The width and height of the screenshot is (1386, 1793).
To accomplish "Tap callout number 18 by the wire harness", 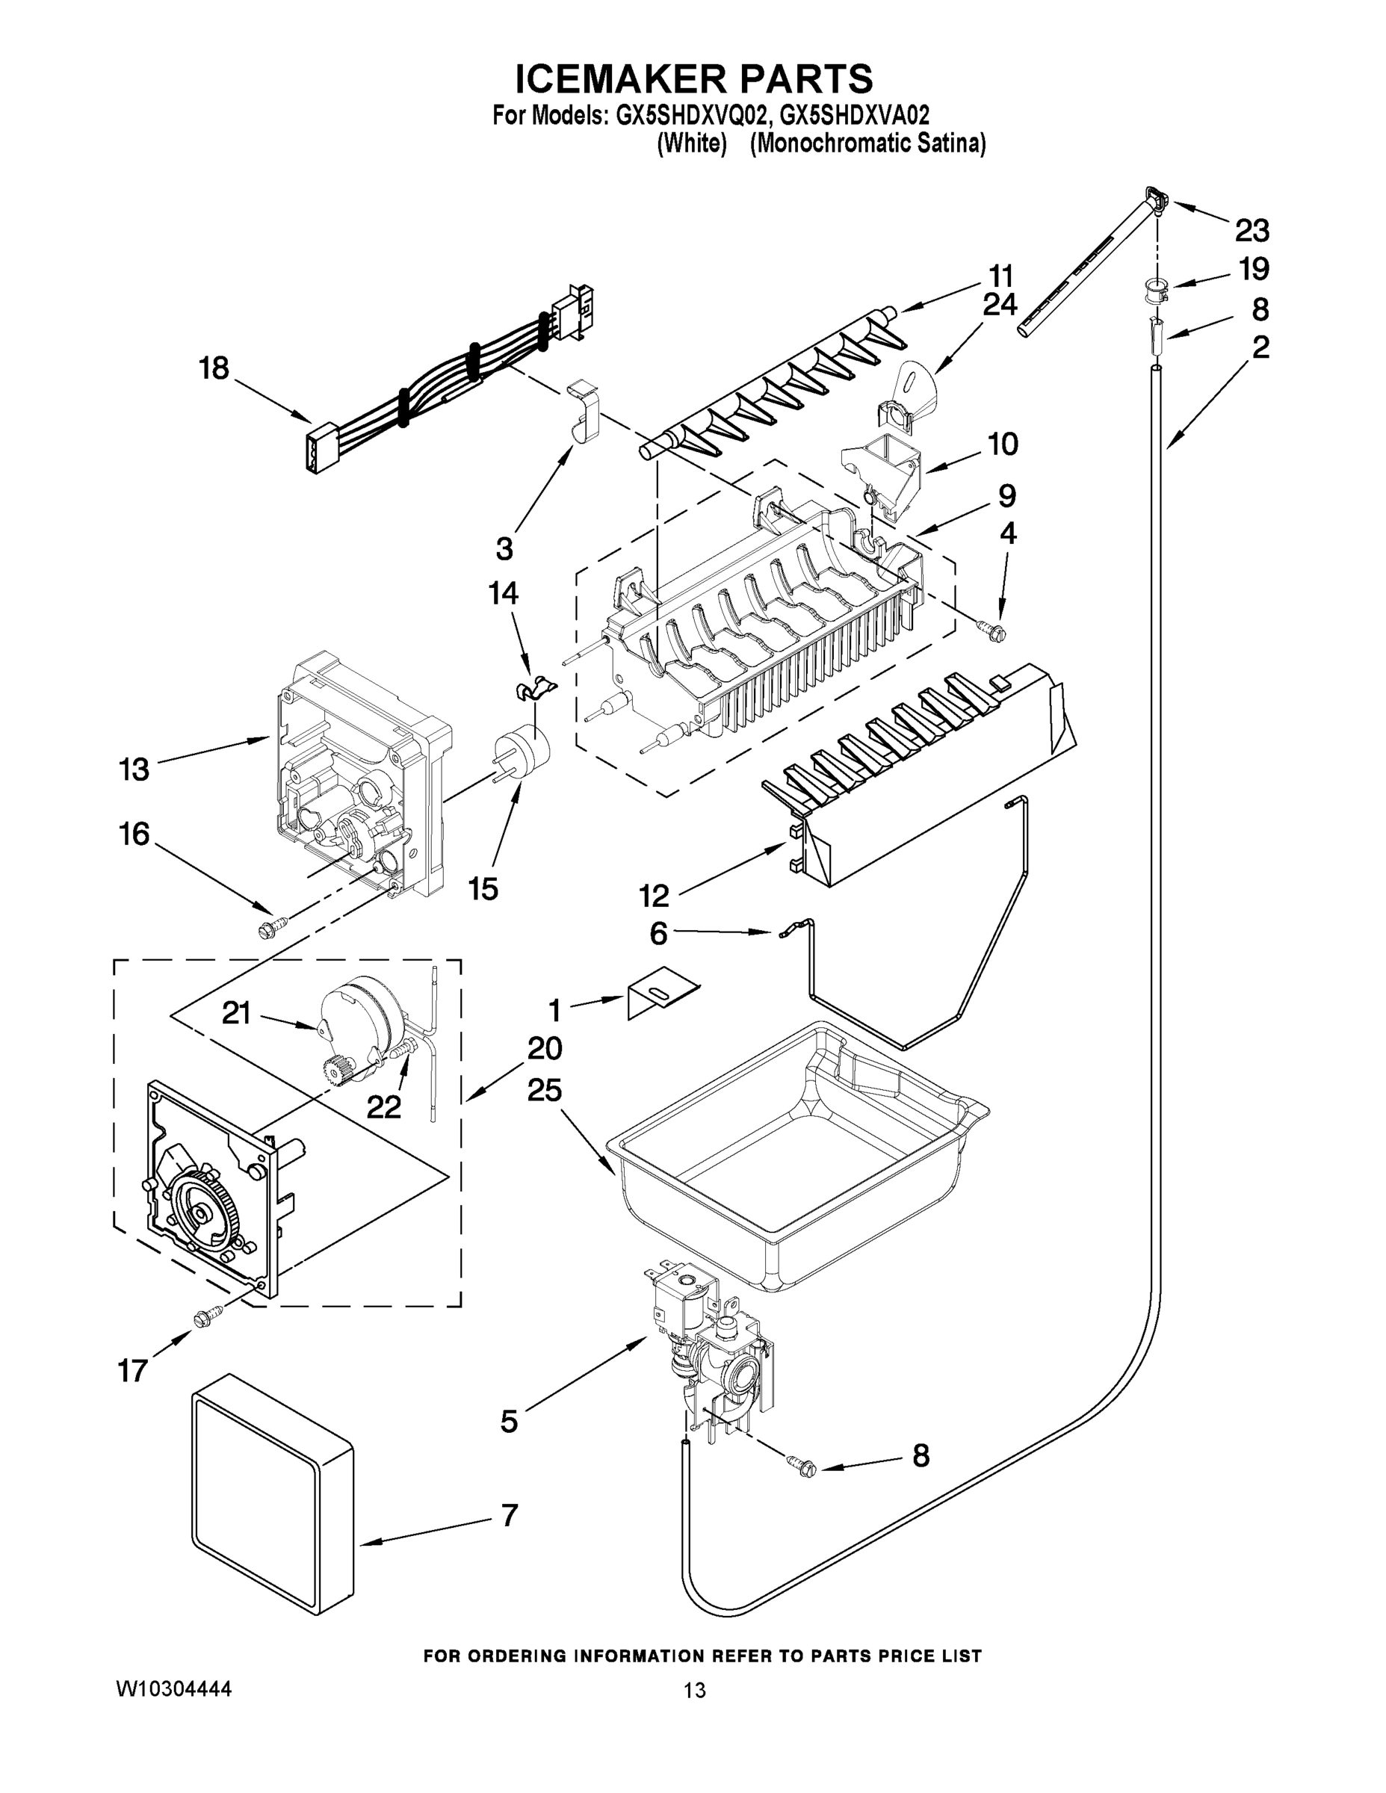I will pos(214,368).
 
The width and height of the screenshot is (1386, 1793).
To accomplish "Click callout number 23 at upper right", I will pos(1252,231).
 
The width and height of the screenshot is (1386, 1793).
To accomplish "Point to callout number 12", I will pos(654,896).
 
